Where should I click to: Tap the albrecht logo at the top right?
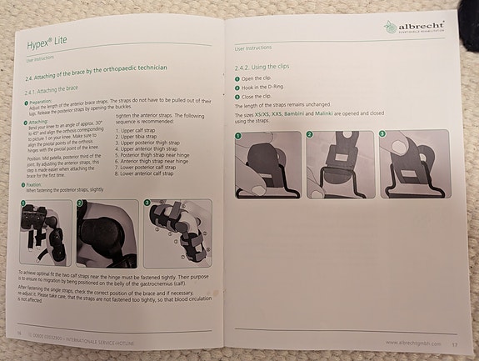[x=413, y=28]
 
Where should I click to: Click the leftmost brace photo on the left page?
[x=47, y=231]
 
